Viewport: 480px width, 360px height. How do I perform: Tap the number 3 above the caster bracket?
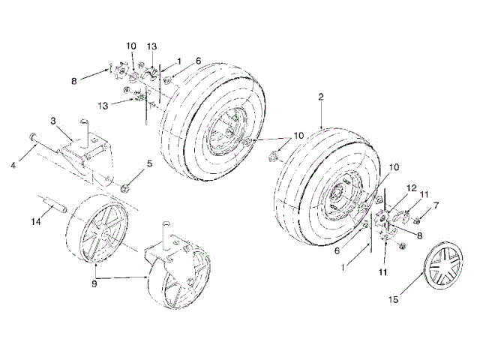click(53, 119)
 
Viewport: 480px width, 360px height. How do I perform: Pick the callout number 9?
click(94, 285)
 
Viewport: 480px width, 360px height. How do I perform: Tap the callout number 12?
click(411, 187)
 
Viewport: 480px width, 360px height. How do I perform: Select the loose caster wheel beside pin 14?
click(100, 229)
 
